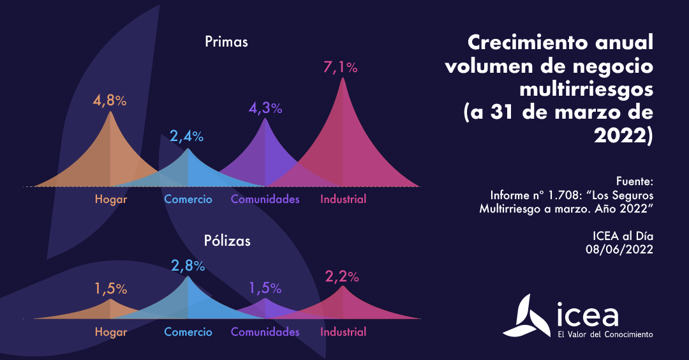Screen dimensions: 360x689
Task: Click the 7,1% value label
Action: [x=341, y=67]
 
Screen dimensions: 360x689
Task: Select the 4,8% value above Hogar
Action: [x=110, y=101]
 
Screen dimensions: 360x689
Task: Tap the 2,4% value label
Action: [x=187, y=136]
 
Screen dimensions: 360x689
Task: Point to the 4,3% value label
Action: [x=265, y=108]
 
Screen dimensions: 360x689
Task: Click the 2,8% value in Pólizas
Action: [x=188, y=266]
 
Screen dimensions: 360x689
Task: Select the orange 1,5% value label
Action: [x=110, y=289]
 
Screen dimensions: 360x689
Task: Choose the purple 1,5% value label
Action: [x=265, y=288]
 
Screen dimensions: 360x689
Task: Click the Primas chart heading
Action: [x=226, y=43]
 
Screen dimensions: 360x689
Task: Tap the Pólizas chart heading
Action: [x=227, y=241]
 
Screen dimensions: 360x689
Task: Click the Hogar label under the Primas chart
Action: [x=111, y=199]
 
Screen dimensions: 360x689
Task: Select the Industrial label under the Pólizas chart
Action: [x=343, y=332]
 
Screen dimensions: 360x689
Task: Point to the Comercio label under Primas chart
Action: [x=188, y=199]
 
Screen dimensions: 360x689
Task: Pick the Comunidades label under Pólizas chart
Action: [x=265, y=332]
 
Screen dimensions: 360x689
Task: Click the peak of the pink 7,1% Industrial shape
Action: [x=343, y=79]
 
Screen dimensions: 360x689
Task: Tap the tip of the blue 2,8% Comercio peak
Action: [x=188, y=277]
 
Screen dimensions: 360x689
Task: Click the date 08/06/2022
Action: [x=619, y=250]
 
